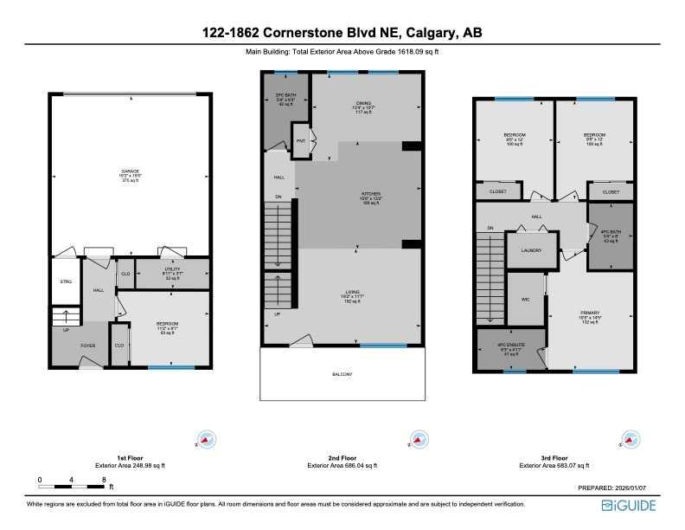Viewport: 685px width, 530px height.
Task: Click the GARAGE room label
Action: pyautogui.click(x=131, y=171)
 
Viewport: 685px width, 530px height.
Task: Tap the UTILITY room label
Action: pyautogui.click(x=172, y=270)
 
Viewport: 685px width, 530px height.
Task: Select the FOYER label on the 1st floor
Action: pyautogui.click(x=88, y=345)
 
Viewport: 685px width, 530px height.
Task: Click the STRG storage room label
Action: pyautogui.click(x=65, y=282)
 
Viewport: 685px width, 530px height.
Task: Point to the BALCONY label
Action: pyautogui.click(x=342, y=374)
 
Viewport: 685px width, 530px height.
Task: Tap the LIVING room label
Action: pyautogui.click(x=352, y=291)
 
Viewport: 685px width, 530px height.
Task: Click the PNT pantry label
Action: pyautogui.click(x=302, y=140)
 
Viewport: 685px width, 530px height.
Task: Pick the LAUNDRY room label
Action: pyautogui.click(x=531, y=250)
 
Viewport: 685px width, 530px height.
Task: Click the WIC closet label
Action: pyautogui.click(x=524, y=299)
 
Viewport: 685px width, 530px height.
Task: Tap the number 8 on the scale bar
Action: pyautogui.click(x=104, y=479)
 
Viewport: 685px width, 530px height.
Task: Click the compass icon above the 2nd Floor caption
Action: pyautogui.click(x=418, y=439)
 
